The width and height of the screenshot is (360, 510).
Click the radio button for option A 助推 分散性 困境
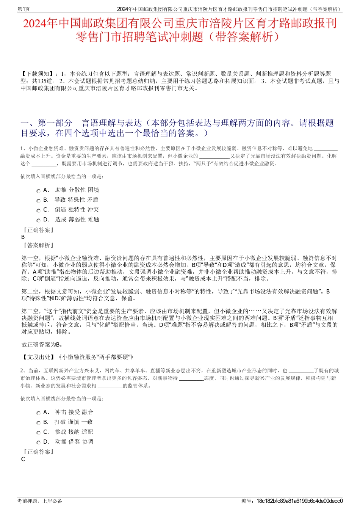click(38, 191)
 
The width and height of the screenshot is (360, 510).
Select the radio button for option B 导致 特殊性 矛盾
click(38, 201)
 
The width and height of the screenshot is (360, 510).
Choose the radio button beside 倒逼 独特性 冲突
click(38, 210)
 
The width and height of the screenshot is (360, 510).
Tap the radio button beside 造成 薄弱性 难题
click(38, 220)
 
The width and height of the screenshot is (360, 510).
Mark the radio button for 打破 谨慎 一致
click(38, 423)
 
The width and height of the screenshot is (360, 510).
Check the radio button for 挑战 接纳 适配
click(38, 433)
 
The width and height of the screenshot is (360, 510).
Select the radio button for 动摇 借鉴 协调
click(38, 443)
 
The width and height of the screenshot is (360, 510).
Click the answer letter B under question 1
click(23, 237)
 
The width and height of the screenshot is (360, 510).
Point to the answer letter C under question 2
click(23, 459)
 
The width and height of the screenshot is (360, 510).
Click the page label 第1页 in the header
click(23, 9)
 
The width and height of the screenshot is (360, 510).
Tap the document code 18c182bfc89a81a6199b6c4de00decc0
click(299, 501)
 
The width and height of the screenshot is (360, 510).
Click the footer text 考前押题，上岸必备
click(40, 501)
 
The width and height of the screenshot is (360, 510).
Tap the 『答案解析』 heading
click(38, 245)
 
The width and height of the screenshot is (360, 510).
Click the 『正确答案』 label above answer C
click(38, 452)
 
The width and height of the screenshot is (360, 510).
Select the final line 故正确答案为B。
click(42, 345)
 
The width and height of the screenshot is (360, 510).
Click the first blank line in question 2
click(301, 371)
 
